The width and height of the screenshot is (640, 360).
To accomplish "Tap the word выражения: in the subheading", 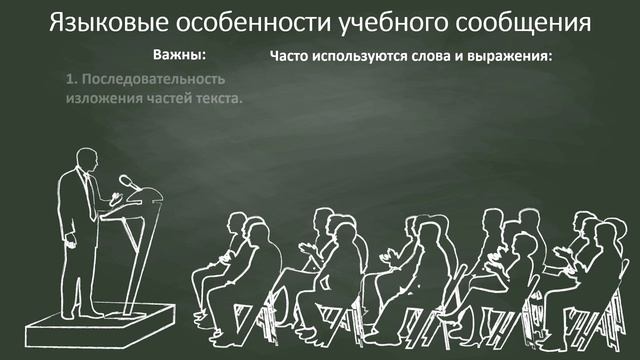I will pyautogui.click(x=511, y=54).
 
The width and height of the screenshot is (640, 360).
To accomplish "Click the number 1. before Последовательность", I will pyautogui.click(x=71, y=78).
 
